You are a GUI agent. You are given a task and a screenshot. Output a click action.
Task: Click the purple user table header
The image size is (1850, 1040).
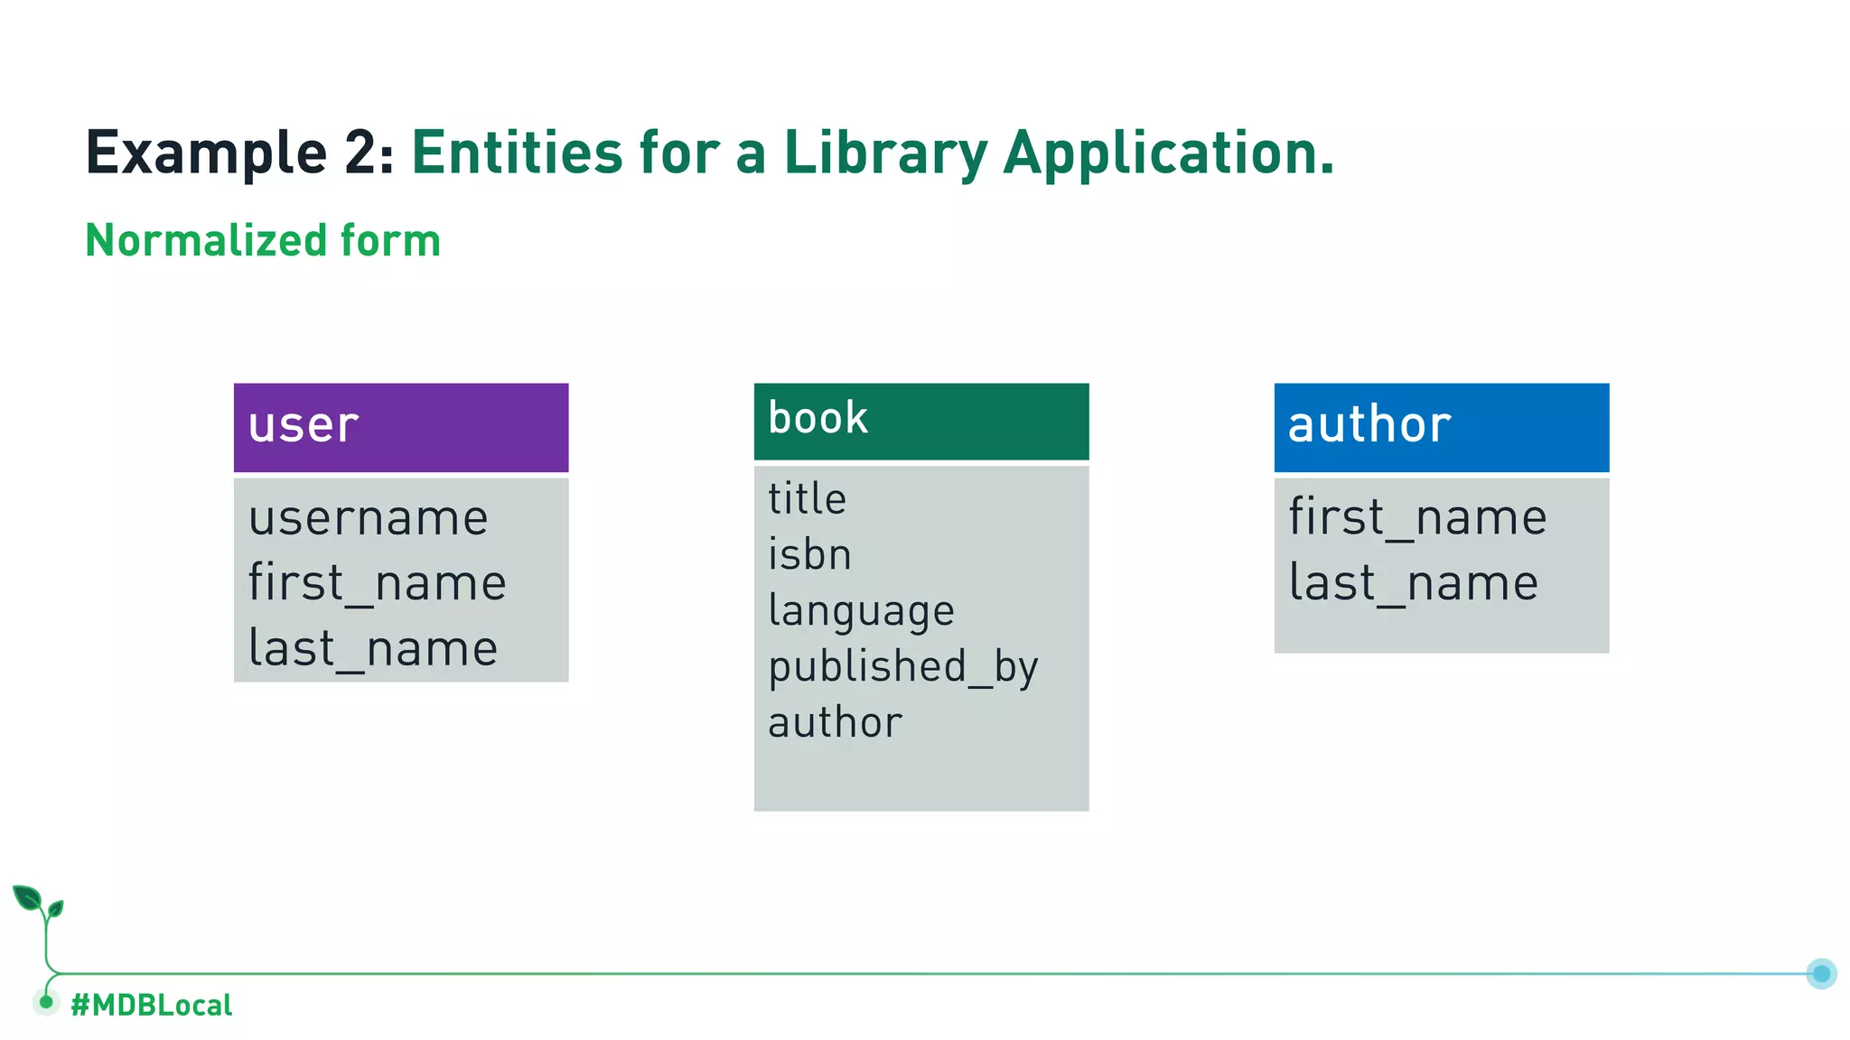[400, 427]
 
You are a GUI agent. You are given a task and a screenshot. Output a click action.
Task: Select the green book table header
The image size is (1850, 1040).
[920, 421]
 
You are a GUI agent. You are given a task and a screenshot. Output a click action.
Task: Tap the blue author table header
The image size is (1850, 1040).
[1441, 427]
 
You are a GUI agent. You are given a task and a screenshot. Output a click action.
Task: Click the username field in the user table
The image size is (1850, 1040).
[369, 518]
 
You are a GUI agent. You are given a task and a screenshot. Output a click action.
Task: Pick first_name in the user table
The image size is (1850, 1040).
[377, 583]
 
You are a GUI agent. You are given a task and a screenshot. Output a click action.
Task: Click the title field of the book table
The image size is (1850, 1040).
[807, 499]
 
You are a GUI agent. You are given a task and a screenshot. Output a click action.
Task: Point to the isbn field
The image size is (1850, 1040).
[809, 554]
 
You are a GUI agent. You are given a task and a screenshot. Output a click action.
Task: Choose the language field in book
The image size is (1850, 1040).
[861, 611]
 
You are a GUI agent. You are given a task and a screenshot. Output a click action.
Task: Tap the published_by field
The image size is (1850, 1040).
[902, 667]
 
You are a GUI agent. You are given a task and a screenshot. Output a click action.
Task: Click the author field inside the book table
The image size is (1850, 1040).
[835, 723]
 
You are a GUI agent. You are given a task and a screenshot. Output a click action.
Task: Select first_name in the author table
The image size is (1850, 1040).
[1417, 518]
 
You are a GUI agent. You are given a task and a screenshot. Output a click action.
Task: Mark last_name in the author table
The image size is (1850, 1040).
[1413, 583]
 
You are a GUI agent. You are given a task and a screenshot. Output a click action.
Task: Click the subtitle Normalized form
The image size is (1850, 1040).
[263, 241]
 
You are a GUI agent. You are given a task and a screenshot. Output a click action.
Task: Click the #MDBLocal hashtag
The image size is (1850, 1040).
[151, 1005]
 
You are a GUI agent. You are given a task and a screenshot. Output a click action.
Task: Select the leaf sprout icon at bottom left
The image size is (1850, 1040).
[38, 904]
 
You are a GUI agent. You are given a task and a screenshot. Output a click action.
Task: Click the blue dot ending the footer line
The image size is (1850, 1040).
[1821, 973]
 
